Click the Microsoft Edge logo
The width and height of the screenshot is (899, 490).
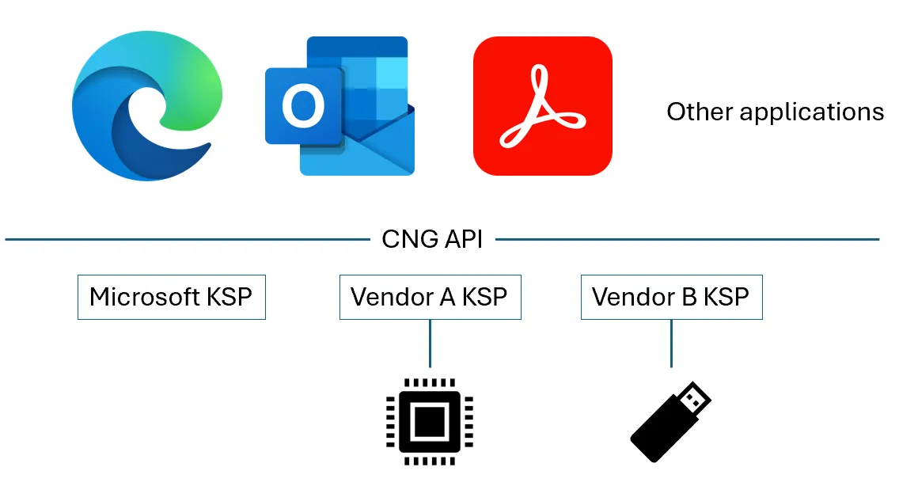coord(142,108)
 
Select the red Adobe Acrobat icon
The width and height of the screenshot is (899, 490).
coord(542,106)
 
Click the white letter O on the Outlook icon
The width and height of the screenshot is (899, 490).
coord(303,106)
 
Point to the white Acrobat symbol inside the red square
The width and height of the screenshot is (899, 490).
coord(542,108)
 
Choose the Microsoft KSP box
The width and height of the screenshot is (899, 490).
coord(171,297)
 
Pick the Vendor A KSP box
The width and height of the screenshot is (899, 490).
coord(430,297)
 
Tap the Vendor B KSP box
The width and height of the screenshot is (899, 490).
coord(671,297)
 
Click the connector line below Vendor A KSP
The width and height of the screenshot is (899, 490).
coord(430,343)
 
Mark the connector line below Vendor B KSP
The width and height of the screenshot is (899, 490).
coord(671,343)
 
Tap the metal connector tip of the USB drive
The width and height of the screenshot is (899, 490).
coord(696,398)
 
